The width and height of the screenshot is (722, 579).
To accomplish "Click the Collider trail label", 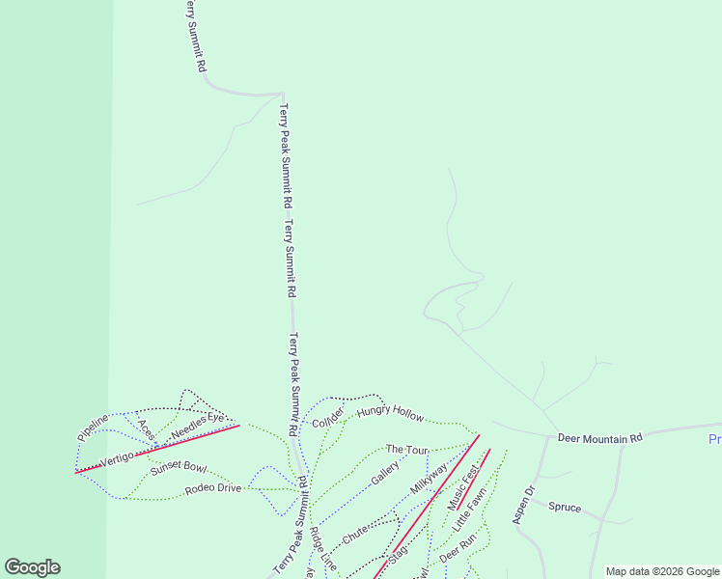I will pos(328,417).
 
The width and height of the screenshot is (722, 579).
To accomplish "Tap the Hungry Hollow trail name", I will pos(390,414).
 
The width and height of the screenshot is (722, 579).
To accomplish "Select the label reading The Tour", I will pos(406,450).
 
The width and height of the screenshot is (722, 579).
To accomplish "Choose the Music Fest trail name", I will pos(462,489).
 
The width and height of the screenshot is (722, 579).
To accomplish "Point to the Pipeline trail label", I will pos(93,428).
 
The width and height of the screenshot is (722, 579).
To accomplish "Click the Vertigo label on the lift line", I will pos(115,459).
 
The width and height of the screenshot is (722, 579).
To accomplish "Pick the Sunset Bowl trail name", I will pos(179,468).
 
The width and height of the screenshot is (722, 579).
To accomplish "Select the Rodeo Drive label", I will pos(212,487).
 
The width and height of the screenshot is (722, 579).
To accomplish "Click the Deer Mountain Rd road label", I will pos(599,438).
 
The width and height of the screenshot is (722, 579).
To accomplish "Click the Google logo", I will pos(32,567).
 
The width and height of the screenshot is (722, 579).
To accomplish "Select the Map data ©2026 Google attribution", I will pos(662,571).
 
